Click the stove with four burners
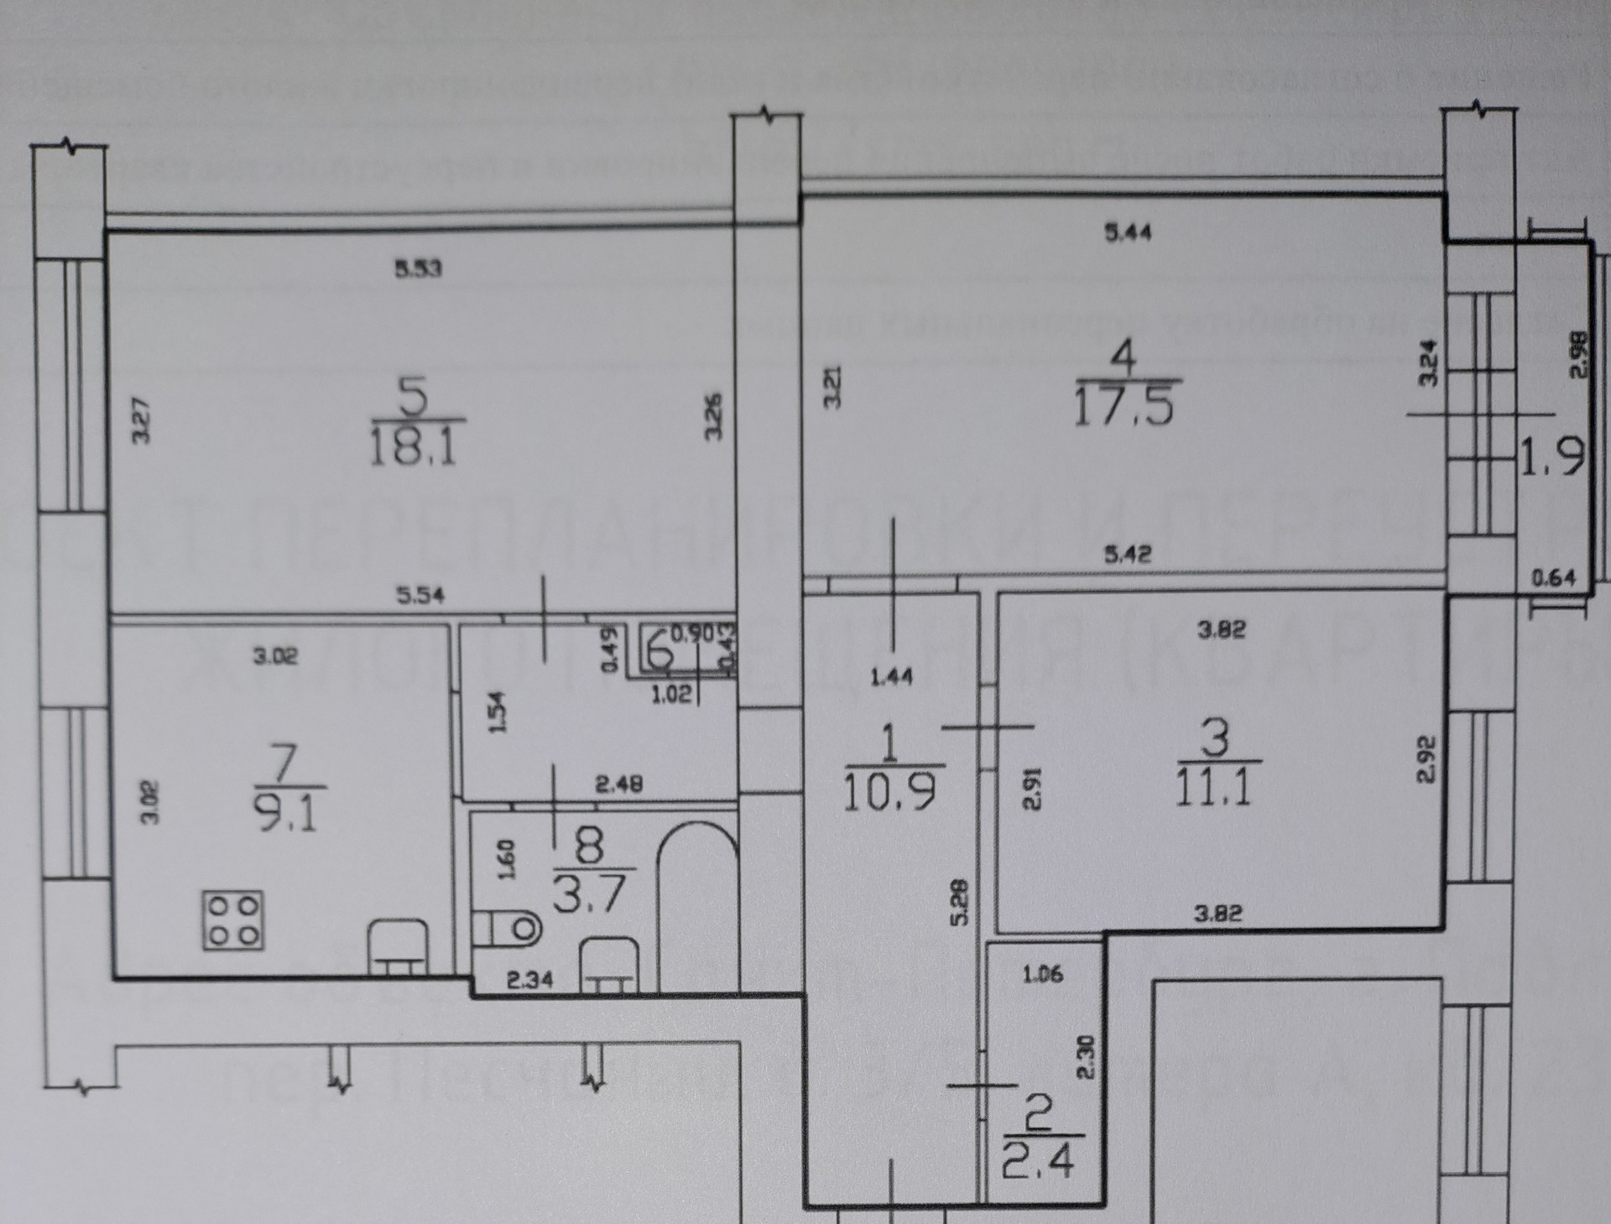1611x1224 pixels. [x=233, y=919]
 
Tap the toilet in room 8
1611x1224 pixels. [x=508, y=928]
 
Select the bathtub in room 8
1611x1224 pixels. [x=696, y=906]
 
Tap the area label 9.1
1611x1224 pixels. [x=287, y=813]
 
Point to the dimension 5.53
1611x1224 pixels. [x=418, y=268]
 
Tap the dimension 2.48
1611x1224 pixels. [x=618, y=784]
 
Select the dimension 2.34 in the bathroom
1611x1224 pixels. [x=529, y=978]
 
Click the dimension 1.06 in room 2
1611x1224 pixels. [x=1043, y=974]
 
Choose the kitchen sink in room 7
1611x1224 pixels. [x=399, y=948]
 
